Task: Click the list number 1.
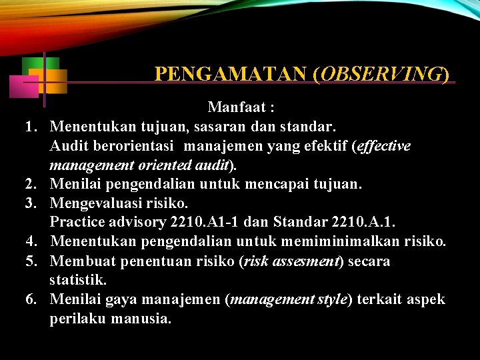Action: tap(30, 126)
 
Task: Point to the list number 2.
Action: tap(30, 183)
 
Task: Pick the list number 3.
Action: tap(30, 203)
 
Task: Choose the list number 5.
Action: tap(30, 261)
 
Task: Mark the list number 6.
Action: tap(30, 299)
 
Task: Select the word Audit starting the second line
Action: tap(70, 145)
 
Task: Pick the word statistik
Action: tap(76, 280)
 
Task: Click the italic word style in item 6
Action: tap(331, 299)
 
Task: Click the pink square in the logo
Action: tap(23, 87)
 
